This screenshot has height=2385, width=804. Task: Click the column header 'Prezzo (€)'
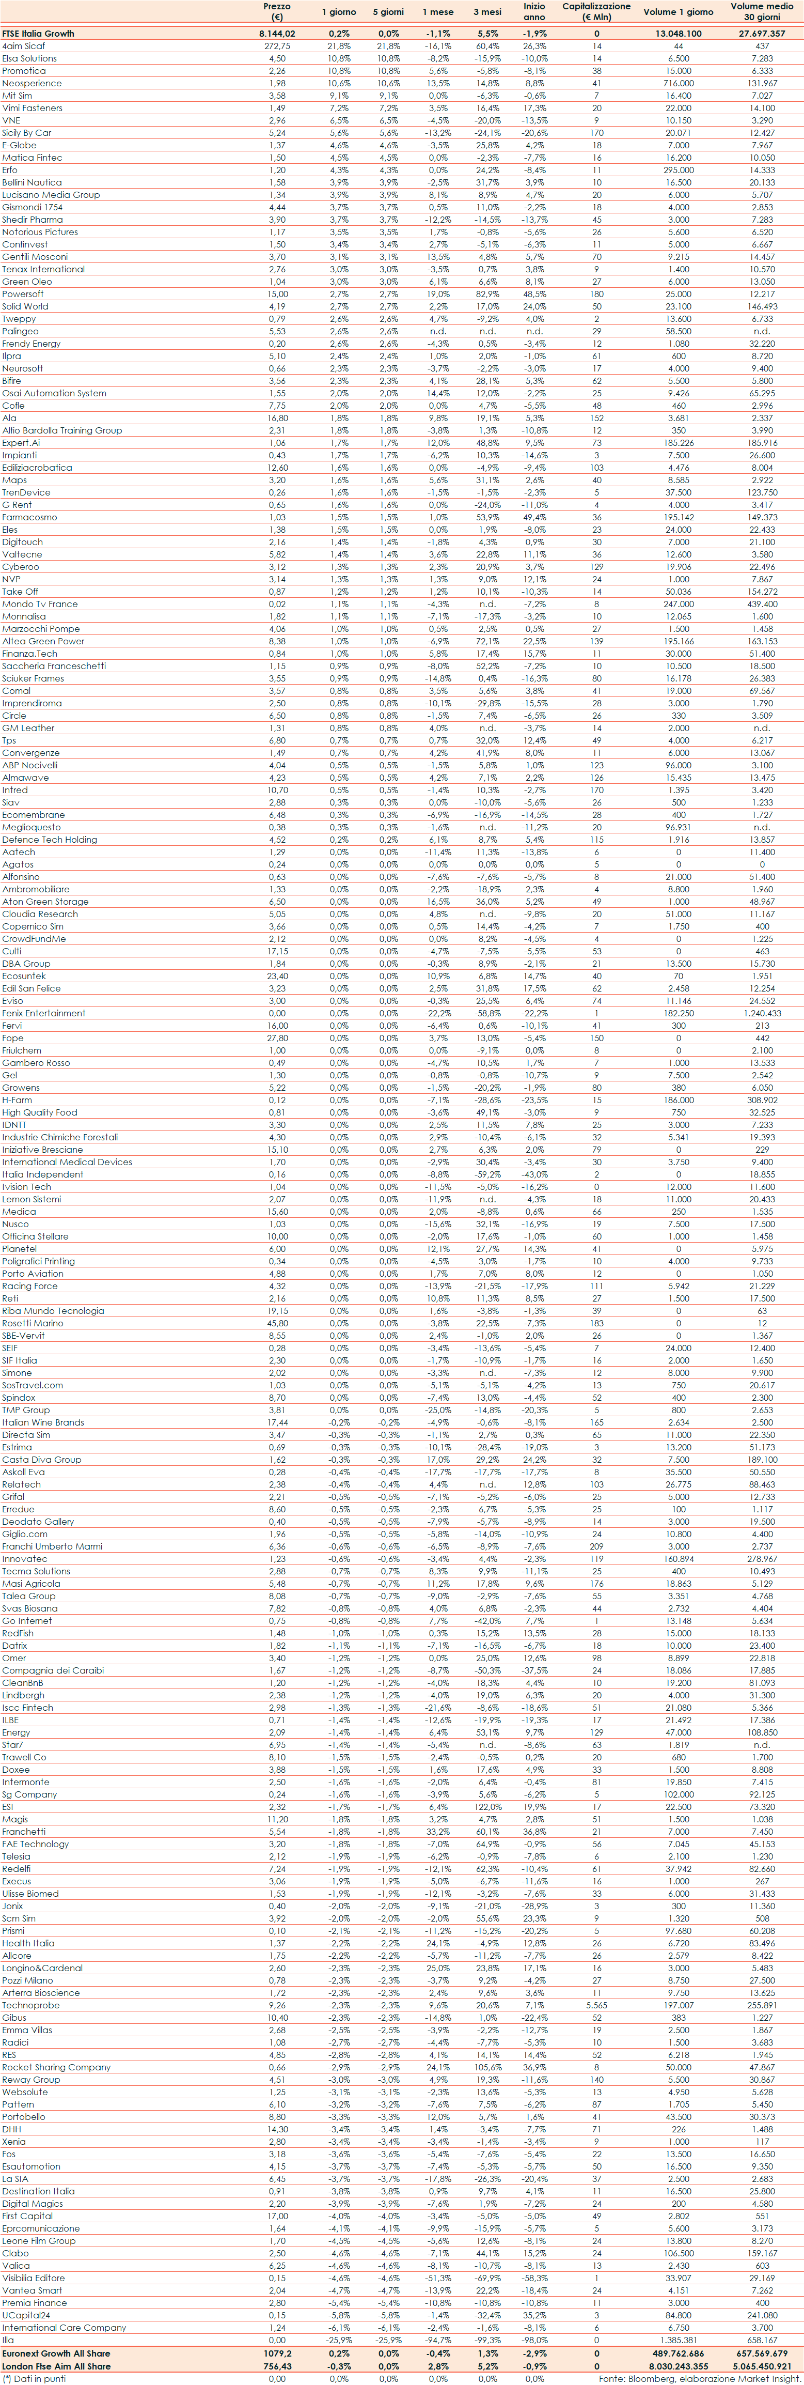click(x=276, y=11)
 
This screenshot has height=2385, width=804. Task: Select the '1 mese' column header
click(x=437, y=12)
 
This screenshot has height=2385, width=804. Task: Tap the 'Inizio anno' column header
click(x=534, y=11)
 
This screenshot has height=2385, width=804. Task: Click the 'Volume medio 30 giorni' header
click(x=761, y=11)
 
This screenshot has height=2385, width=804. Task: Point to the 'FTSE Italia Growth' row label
click(x=38, y=34)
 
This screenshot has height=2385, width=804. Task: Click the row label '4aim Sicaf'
click(x=23, y=45)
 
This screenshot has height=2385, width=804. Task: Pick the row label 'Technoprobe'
click(x=30, y=2005)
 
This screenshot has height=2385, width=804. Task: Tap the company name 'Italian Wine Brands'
click(x=42, y=1422)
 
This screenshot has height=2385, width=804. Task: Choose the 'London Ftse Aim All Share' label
click(x=56, y=2365)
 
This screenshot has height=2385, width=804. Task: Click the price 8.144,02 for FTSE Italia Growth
click(x=276, y=34)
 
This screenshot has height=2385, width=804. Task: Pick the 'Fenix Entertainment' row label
click(x=43, y=1013)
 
